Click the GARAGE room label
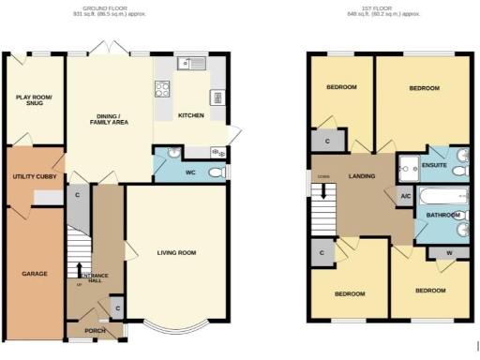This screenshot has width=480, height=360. [35, 274]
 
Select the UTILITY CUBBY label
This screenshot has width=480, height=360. [34, 176]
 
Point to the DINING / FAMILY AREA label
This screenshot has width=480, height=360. [109, 118]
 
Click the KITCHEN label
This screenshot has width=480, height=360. [192, 115]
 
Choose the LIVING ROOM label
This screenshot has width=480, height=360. [175, 252]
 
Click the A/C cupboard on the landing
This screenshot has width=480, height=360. [405, 196]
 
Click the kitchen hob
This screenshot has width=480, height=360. [161, 90]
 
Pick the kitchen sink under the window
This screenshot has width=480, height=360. [196, 64]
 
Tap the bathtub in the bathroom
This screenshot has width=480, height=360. [437, 198]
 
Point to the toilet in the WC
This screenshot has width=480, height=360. [217, 172]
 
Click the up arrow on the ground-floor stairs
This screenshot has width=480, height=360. [80, 268]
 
